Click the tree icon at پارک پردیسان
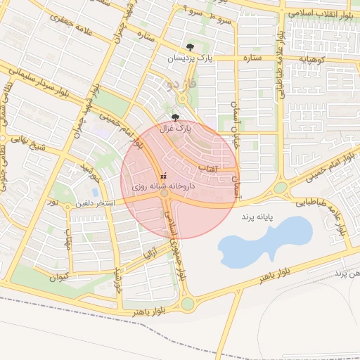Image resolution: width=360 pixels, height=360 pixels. tap(190, 48)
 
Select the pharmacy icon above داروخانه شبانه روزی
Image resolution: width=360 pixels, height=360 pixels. tap(164, 175)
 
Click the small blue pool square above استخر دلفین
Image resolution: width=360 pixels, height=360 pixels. tap(95, 191)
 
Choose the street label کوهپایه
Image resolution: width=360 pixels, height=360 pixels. tap(310, 58)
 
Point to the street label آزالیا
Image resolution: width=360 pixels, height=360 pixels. tap(150, 251)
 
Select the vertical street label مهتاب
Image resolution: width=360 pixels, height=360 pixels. tap(68, 240)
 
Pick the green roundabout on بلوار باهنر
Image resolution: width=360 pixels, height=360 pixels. tap(187, 304)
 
